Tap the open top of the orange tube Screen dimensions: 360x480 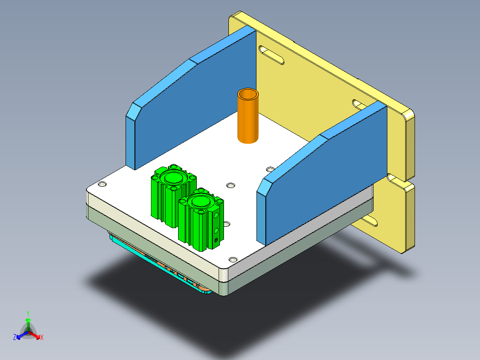point(248,94)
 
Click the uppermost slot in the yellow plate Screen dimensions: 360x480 point(272,56)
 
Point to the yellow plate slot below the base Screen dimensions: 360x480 point(370,220)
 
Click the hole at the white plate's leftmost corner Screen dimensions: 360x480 point(102,184)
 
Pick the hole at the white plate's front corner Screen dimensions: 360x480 point(232,259)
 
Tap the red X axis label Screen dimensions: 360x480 point(42,338)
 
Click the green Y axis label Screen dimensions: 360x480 point(28,313)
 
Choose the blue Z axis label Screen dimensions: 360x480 point(15,338)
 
